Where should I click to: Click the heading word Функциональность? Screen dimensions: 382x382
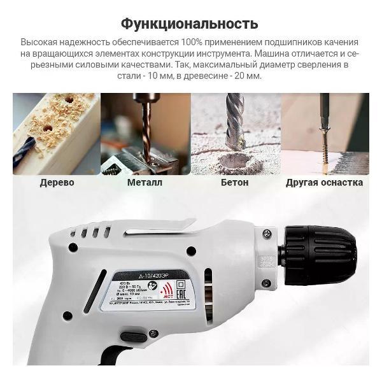point(190,24)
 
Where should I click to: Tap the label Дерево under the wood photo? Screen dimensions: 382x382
point(57,183)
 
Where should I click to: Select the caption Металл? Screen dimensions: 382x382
point(145,183)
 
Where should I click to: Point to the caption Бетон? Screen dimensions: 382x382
point(235,183)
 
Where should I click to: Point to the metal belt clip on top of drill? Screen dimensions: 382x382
point(159,222)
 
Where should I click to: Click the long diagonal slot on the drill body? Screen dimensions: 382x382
point(95,291)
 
